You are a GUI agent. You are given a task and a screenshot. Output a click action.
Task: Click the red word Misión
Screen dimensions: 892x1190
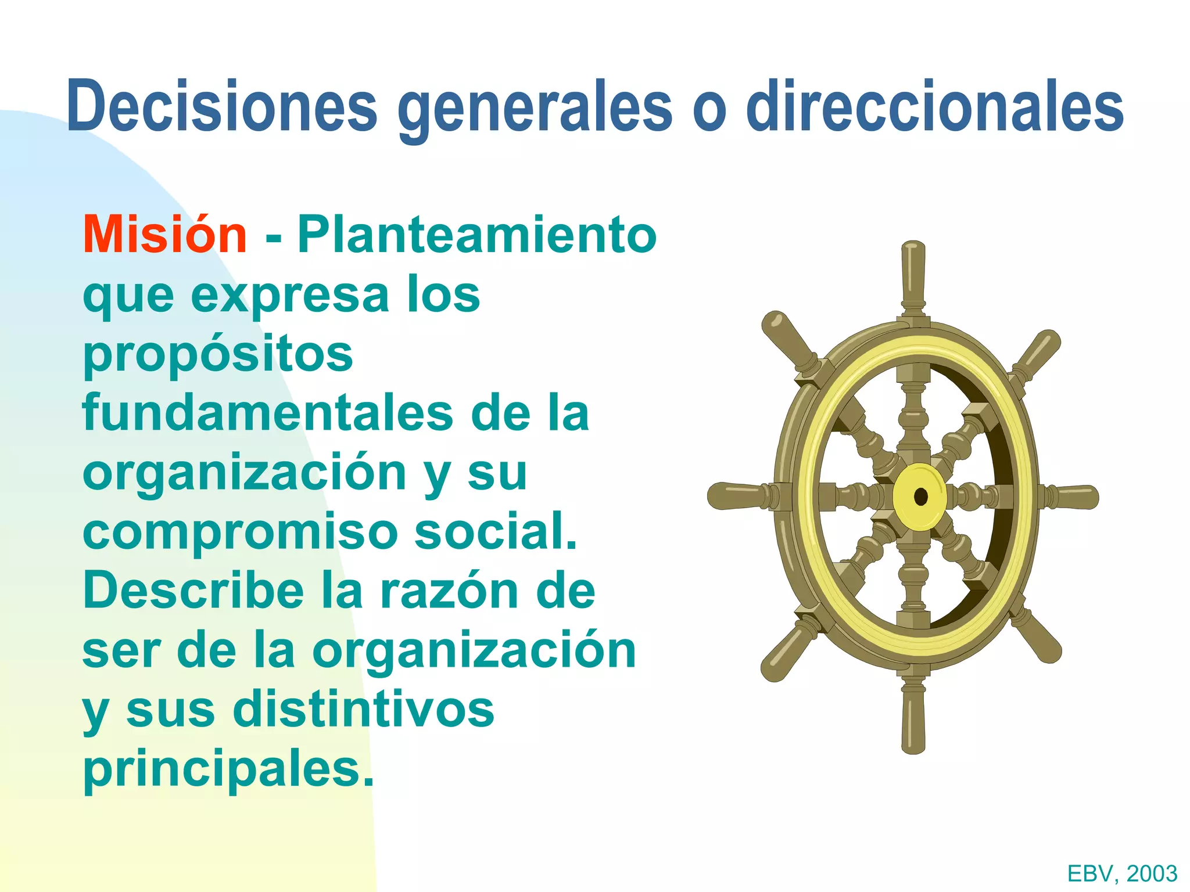pos(165,235)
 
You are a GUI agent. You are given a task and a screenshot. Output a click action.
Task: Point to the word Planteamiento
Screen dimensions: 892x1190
pos(476,235)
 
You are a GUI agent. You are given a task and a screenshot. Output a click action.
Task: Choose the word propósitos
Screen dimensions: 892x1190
pos(218,355)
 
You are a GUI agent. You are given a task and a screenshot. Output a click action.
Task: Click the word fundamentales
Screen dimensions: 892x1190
pos(267,413)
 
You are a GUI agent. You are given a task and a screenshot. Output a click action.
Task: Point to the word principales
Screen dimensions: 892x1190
pos(228,770)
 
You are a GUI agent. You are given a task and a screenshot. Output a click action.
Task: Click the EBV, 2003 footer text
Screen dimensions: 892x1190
pos(1122,873)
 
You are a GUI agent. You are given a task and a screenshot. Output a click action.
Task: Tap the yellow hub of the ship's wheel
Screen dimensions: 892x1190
pos(919,497)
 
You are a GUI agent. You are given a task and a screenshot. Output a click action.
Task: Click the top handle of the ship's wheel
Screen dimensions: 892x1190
pos(913,273)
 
